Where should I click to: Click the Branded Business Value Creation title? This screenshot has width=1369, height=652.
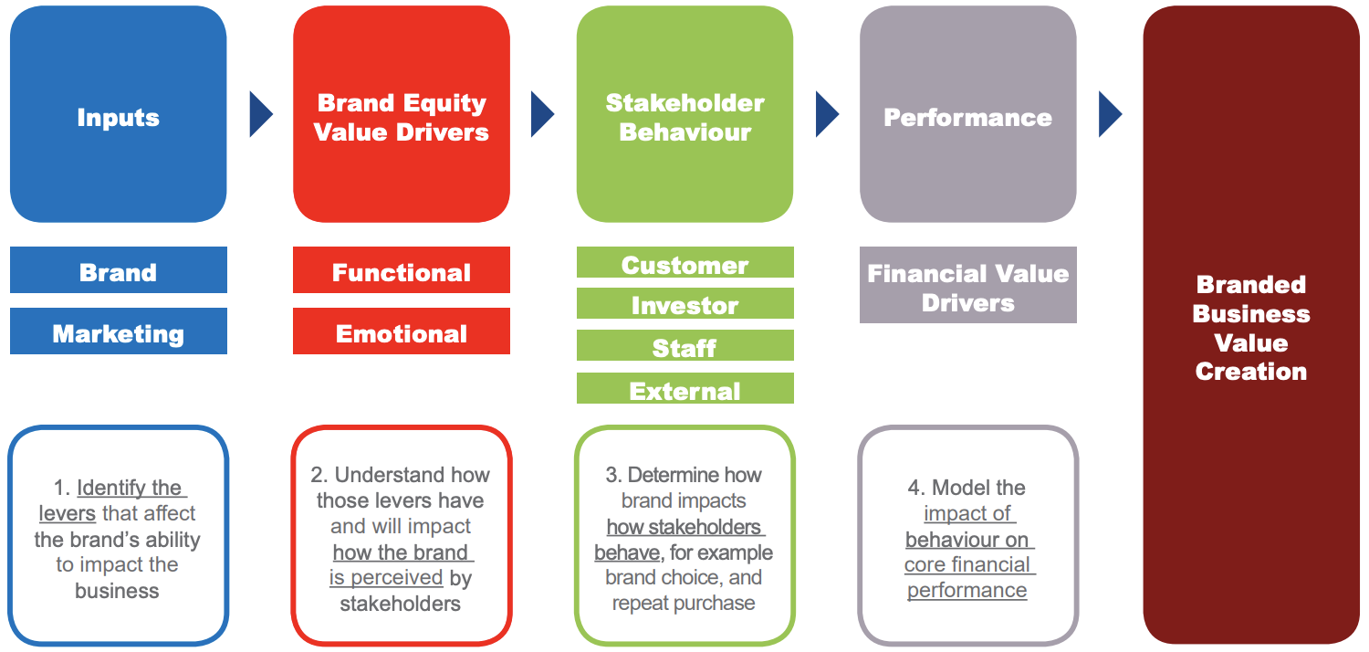pyautogui.click(x=1250, y=328)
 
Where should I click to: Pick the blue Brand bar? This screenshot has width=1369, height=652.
pyautogui.click(x=118, y=270)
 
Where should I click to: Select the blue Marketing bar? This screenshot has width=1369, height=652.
pyautogui.click(x=118, y=331)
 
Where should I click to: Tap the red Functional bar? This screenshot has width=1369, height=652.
pyautogui.click(x=402, y=270)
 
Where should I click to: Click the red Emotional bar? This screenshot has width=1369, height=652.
pyautogui.click(x=402, y=331)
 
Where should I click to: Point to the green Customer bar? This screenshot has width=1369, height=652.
pyautogui.click(x=684, y=263)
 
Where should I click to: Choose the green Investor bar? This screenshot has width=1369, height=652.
pyautogui.click(x=684, y=304)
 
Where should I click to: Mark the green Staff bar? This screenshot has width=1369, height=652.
pyautogui.click(x=684, y=346)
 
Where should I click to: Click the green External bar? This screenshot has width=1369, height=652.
pyautogui.click(x=684, y=389)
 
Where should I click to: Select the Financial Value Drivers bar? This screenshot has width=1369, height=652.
pyautogui.click(x=967, y=286)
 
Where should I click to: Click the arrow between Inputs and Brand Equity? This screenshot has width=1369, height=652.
pyautogui.click(x=260, y=115)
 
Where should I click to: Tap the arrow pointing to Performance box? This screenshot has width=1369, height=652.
pyautogui.click(x=827, y=115)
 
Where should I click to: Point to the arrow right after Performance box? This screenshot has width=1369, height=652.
pyautogui.click(x=1110, y=115)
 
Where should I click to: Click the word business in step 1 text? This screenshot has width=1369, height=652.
pyautogui.click(x=117, y=591)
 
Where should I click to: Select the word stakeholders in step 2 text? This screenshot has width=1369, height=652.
pyautogui.click(x=401, y=604)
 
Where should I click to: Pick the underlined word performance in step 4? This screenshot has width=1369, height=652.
pyautogui.click(x=967, y=591)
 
